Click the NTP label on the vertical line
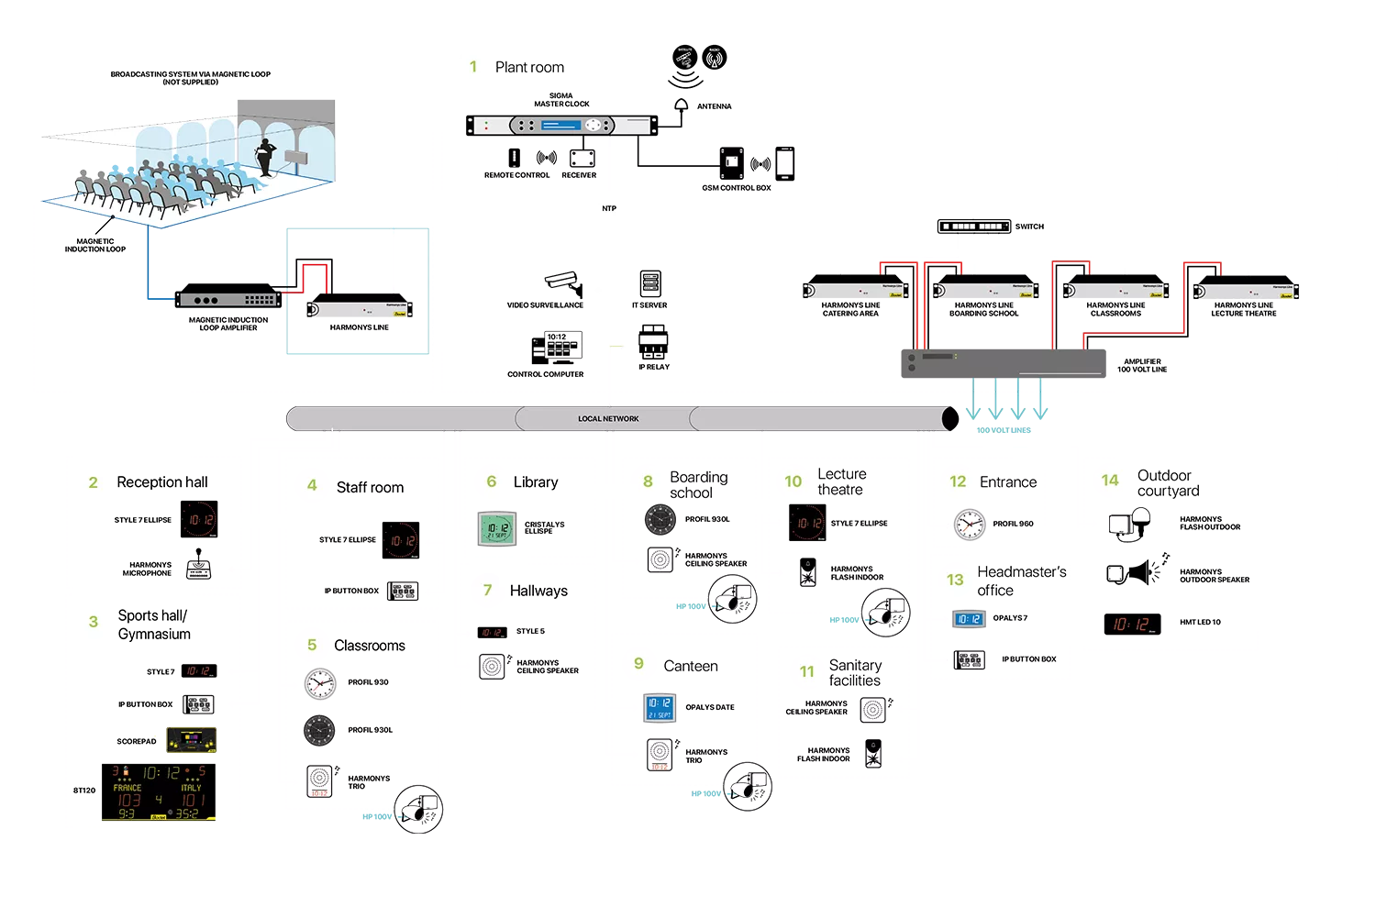point(609,209)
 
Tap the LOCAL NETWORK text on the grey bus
point(608,419)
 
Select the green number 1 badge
point(473,66)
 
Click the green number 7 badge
point(487,590)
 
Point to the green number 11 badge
point(807,671)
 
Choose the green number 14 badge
point(1110,481)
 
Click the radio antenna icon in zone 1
point(715,60)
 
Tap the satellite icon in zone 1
point(683,58)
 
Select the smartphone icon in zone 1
point(783,163)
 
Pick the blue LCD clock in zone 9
point(660,708)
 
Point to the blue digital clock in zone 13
point(969,620)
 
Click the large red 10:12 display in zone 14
point(1131,625)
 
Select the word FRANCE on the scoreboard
point(128,788)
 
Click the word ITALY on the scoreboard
point(191,788)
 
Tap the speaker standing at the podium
point(267,156)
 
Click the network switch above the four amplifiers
point(972,227)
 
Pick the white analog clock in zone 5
point(318,683)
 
